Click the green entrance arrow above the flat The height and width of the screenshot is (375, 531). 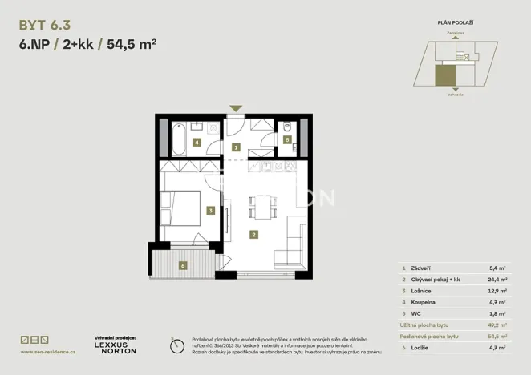point(236,108)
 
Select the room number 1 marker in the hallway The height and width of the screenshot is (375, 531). point(236,148)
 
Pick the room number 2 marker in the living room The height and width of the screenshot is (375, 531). point(253,235)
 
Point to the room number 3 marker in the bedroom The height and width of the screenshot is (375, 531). point(210,211)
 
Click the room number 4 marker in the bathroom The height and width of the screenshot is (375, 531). point(197,143)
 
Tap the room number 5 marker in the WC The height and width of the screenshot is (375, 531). point(287,139)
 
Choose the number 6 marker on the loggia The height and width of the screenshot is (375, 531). point(183,265)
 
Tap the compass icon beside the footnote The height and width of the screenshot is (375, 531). point(176,345)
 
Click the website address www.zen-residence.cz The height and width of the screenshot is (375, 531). point(48,352)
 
